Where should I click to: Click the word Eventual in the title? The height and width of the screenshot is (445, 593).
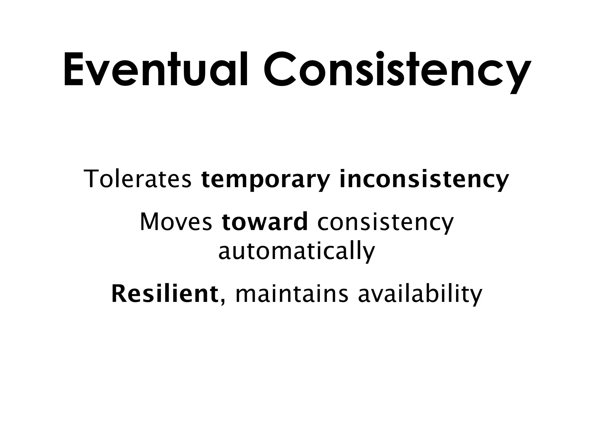coord(155,70)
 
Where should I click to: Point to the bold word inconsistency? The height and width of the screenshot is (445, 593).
coord(424,180)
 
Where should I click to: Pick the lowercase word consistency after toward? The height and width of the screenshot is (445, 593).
coord(385,222)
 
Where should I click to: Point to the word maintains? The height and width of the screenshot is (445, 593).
coord(292,294)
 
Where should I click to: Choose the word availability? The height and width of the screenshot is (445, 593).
coord(420,294)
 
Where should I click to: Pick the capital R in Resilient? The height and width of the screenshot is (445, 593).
coord(120,294)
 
